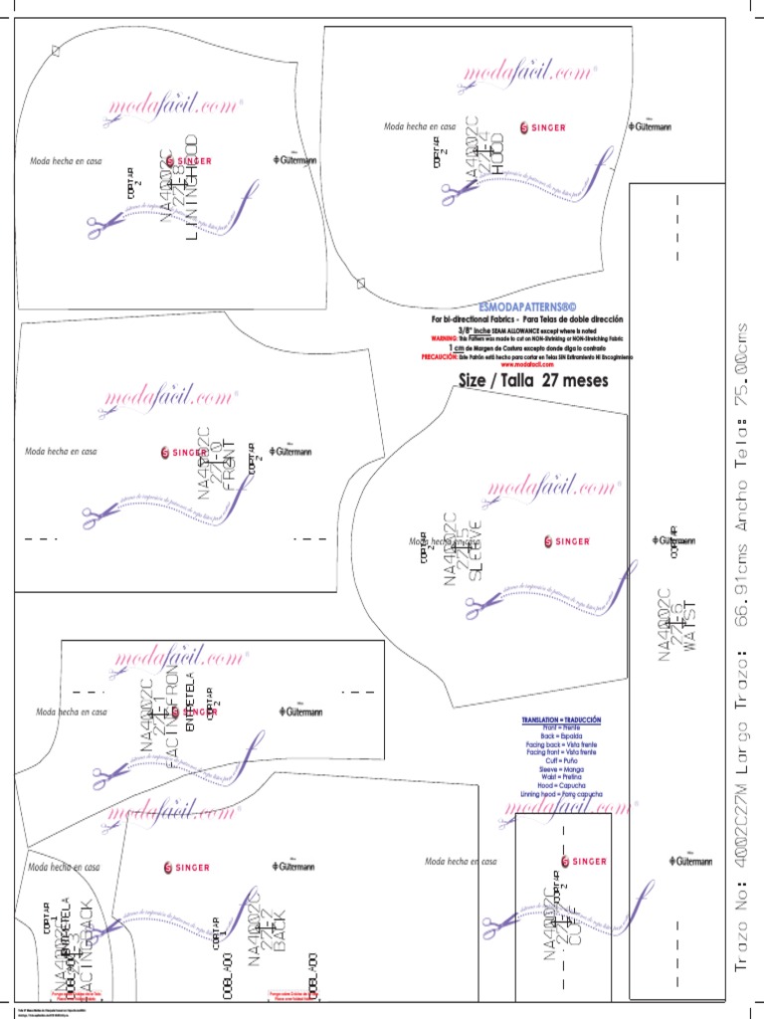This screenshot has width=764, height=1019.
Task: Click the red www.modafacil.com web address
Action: click(x=527, y=364)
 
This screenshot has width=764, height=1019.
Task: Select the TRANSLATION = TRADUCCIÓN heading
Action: click(x=562, y=718)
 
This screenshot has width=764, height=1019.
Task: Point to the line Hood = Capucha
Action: click(x=562, y=784)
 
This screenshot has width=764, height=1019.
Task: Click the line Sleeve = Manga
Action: click(x=562, y=766)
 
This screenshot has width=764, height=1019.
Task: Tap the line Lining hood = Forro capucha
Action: click(x=562, y=794)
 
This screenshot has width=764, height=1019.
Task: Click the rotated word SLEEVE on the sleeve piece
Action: click(x=476, y=550)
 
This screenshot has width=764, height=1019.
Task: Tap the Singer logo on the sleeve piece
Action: click(x=569, y=540)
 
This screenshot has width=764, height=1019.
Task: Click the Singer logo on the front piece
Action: click(x=185, y=453)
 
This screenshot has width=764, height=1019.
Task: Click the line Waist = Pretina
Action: click(x=562, y=775)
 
